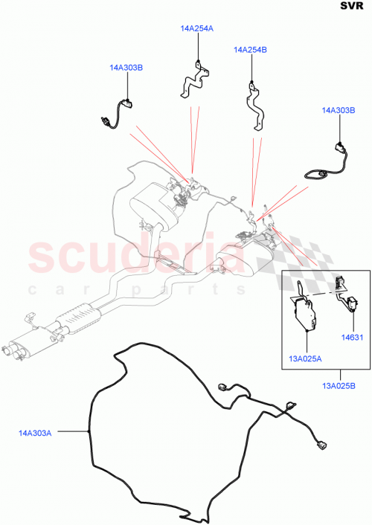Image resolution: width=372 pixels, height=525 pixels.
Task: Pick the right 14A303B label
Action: [x=339, y=110]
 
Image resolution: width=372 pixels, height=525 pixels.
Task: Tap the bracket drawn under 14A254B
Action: [x=256, y=105]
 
